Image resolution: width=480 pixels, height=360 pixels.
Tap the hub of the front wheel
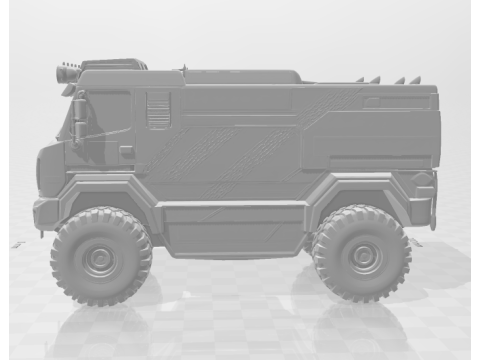pyautogui.click(x=101, y=257)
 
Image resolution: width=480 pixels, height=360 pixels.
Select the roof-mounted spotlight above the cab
pyautogui.click(x=68, y=72)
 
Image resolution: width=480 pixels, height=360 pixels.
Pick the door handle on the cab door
pyautogui.click(x=127, y=152)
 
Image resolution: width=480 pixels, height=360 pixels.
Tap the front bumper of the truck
pyautogui.click(x=45, y=213)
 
